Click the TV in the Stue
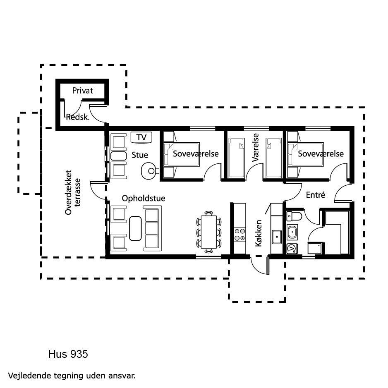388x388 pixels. [141, 137]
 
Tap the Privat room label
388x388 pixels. [82, 91]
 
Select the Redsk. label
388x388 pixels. [78, 117]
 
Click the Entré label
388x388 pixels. [316, 195]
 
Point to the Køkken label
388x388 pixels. [259, 233]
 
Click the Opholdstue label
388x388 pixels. [144, 198]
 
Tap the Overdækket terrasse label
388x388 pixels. [73, 192]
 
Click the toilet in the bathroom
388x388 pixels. [294, 216]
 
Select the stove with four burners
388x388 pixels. [240, 235]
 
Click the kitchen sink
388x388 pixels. [277, 237]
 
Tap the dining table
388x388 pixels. [209, 232]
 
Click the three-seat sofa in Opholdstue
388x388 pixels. [152, 228]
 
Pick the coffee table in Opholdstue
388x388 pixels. [135, 228]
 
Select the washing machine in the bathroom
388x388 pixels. [292, 249]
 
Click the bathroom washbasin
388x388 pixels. [292, 232]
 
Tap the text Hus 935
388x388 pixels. [68, 354]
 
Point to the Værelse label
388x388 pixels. [255, 148]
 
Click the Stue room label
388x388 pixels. [140, 155]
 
